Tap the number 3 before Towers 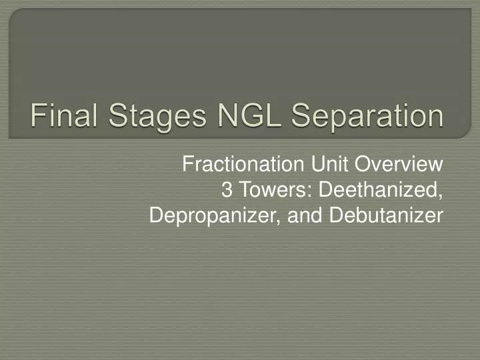click(225, 190)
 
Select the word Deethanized click(381, 190)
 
